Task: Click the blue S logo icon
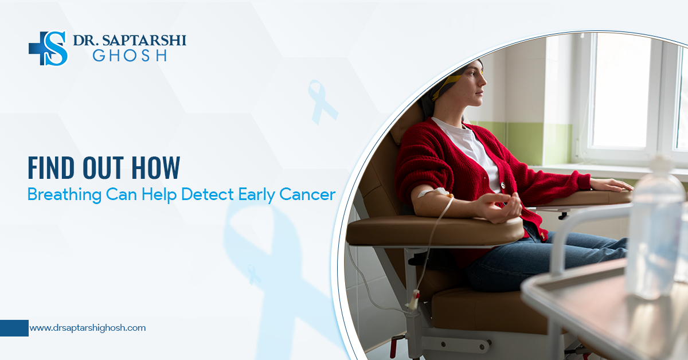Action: tap(49, 48)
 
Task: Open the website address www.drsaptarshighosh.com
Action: tap(87, 328)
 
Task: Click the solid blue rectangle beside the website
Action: tap(14, 328)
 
